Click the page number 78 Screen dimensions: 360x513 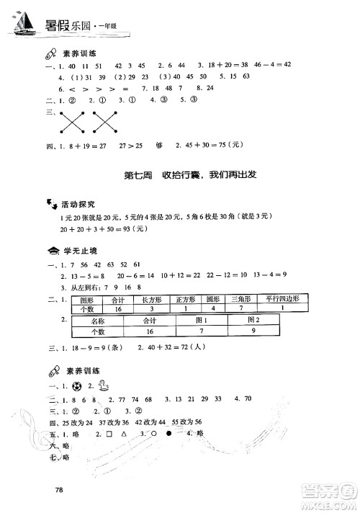pos(60,491)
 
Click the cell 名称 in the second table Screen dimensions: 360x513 pos(99,320)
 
